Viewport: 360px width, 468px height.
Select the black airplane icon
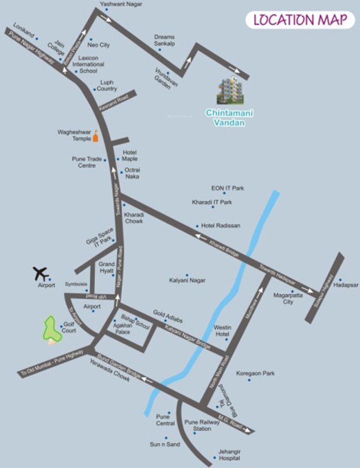tap(41, 274)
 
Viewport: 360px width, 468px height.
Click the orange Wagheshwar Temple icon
tap(95, 140)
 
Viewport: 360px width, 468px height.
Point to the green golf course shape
tap(51, 329)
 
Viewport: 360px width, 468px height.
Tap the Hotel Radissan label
tap(221, 225)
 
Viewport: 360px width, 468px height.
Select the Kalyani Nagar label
tap(187, 280)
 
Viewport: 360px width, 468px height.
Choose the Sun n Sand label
tap(165, 444)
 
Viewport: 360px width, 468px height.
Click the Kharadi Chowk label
tap(133, 218)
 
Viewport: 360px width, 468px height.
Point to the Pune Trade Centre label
tap(83, 162)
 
